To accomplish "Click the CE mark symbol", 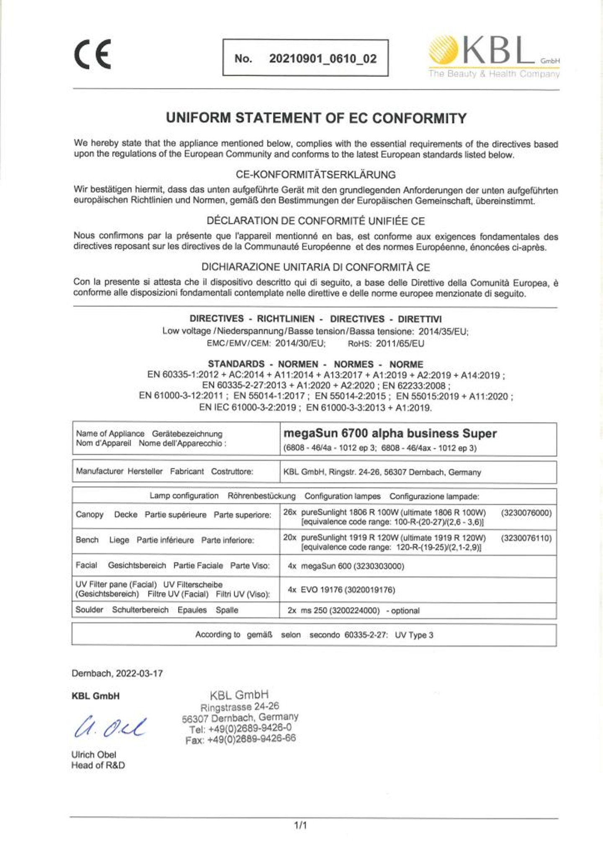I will tap(93, 55).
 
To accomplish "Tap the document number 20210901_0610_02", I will tap(322, 59).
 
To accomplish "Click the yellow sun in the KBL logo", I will tap(443, 50).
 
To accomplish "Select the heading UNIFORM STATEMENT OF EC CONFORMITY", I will tap(316, 118).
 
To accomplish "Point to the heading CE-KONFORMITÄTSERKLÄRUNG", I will tap(316, 174).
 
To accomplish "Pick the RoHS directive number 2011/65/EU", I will tap(400, 344).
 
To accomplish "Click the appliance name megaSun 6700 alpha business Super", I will tap(390, 433).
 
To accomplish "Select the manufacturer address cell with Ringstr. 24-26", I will tap(382, 472).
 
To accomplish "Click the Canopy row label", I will tap(90, 514).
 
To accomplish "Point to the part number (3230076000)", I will tap(526, 513).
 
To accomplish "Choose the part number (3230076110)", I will tap(526, 538).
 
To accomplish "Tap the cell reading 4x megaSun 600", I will tap(346, 566).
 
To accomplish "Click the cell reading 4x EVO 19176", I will tap(341, 590).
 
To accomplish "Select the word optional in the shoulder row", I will tap(405, 611).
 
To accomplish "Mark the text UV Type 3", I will tap(414, 635).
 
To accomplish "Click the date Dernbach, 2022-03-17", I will tap(117, 673).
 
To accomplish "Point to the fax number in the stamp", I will tap(241, 739).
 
